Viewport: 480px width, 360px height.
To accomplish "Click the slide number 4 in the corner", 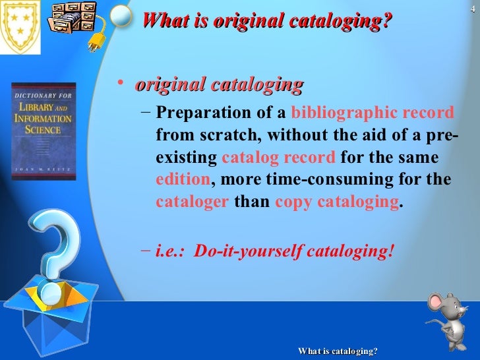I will tap(472, 8).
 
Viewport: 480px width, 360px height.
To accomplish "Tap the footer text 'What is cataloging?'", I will tap(338, 351).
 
